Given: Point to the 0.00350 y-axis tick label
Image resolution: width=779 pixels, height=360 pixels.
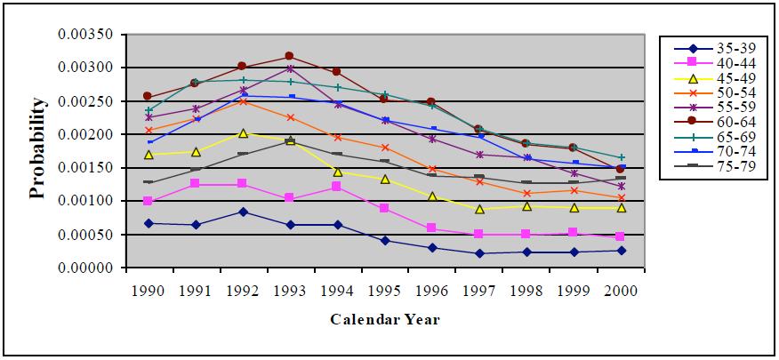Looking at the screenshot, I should point(85,35).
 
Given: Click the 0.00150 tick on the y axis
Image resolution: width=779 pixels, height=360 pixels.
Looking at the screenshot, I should point(85,168).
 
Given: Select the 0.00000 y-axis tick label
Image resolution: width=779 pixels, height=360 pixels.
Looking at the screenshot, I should point(85,268).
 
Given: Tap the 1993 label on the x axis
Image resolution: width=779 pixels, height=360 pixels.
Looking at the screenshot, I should point(290,291).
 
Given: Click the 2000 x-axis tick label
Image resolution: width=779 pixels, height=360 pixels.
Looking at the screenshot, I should point(622,291).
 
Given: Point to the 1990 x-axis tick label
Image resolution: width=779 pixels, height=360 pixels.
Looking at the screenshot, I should point(148,291).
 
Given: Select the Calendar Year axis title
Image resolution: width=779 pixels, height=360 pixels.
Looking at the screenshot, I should point(384,319).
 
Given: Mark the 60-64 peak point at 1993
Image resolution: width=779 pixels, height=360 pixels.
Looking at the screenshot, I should point(290,56).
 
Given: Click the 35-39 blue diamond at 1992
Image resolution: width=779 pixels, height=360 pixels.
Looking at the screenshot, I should point(243,212).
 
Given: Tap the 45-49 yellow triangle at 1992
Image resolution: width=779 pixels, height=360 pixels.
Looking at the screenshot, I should point(243,133).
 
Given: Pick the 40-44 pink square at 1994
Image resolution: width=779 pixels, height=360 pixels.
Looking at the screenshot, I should point(337,187).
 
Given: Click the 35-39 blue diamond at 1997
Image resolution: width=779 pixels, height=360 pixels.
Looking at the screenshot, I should point(479,253).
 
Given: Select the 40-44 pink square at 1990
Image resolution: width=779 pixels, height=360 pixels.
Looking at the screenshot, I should point(148,201).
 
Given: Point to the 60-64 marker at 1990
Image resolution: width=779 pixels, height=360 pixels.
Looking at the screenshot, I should point(148,96).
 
